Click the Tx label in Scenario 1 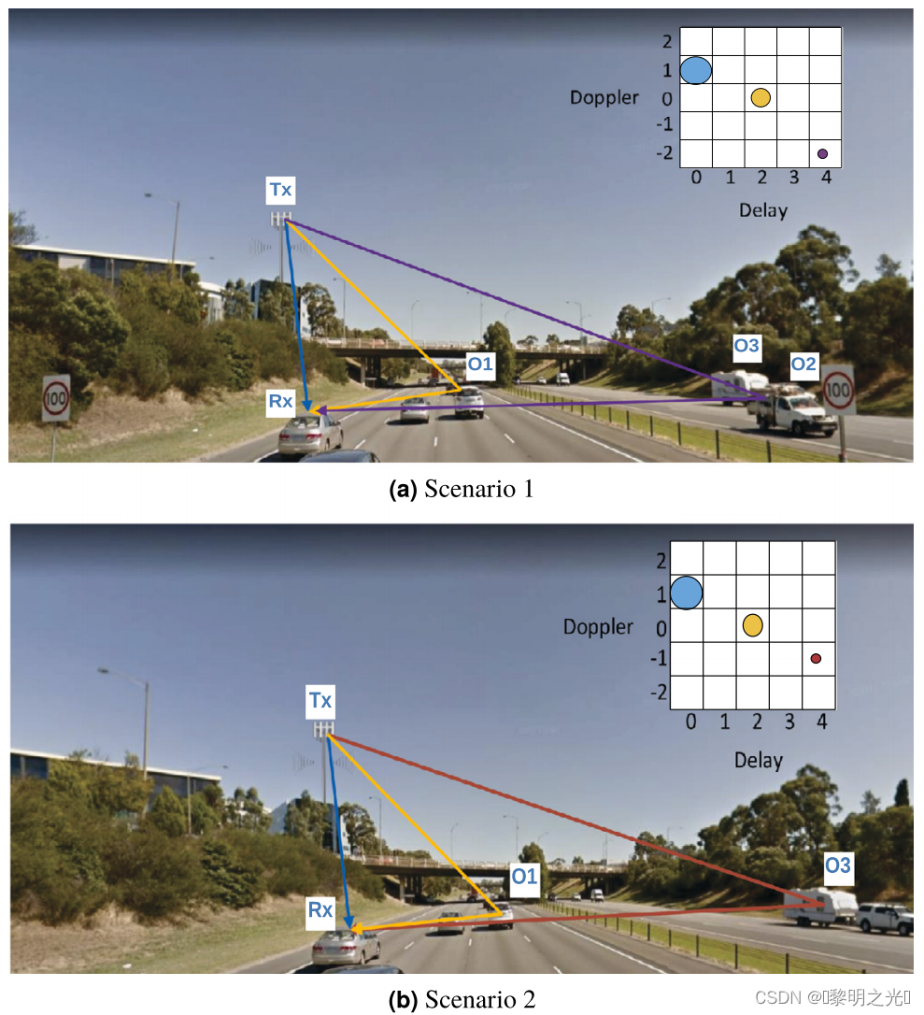tap(280, 191)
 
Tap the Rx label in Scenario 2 tap(320, 908)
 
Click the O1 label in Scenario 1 tap(479, 365)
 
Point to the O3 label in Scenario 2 tap(837, 865)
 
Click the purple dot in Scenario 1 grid tap(822, 153)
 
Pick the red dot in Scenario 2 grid tap(816, 659)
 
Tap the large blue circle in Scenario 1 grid tap(696, 70)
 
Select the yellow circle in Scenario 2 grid tap(753, 625)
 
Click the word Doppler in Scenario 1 tap(604, 97)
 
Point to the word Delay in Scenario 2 tap(758, 760)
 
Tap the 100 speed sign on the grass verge tap(56, 399)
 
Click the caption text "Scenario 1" tap(478, 489)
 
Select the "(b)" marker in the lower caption tap(403, 999)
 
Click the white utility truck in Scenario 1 tap(796, 413)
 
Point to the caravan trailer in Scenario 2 tap(820, 906)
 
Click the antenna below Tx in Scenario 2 tap(323, 728)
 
